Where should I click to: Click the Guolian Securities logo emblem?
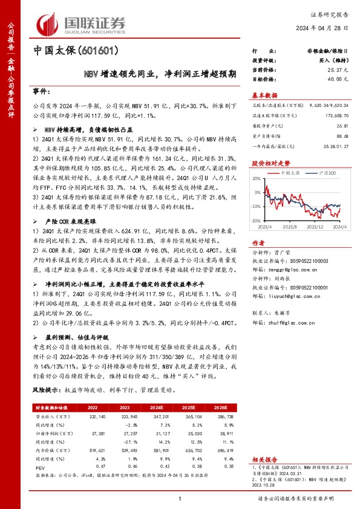pyautogui.click(x=48, y=23)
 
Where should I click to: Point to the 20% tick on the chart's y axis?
pyautogui.click(x=257, y=178)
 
